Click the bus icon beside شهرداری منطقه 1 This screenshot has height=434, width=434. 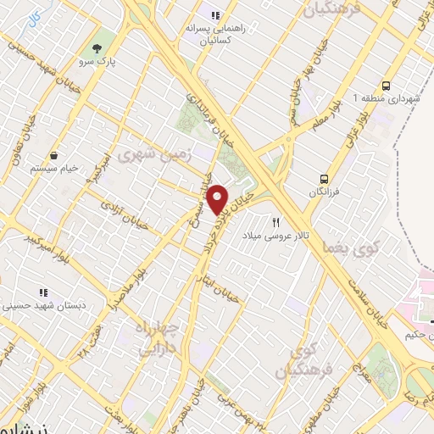(386, 85)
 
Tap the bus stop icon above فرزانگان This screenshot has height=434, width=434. (324, 179)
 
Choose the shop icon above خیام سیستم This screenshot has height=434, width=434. (54, 155)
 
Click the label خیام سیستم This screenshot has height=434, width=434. (54, 169)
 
